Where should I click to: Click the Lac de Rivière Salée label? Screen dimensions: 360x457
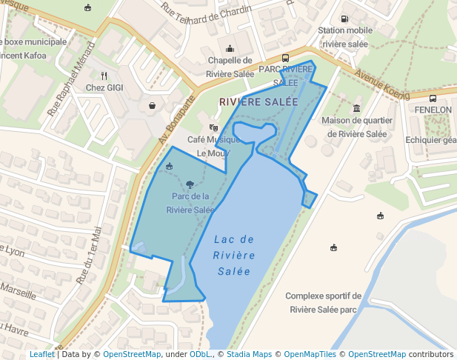(234, 256)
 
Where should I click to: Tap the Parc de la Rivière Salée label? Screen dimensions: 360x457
(190, 203)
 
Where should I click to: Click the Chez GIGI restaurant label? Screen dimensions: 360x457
(104, 88)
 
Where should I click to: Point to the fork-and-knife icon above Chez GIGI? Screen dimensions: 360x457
(104, 76)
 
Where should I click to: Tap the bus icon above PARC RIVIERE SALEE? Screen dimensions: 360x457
(286, 57)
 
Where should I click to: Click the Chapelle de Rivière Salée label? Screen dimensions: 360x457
(230, 66)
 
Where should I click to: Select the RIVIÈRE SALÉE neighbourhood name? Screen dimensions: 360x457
(258, 101)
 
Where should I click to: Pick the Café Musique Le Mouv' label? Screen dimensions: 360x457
(214, 146)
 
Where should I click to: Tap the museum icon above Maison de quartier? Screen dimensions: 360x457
(357, 108)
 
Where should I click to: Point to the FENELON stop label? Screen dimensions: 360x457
(433, 110)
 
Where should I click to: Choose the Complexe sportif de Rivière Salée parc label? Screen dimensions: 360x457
(323, 302)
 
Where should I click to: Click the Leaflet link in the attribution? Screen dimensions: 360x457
(41, 354)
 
